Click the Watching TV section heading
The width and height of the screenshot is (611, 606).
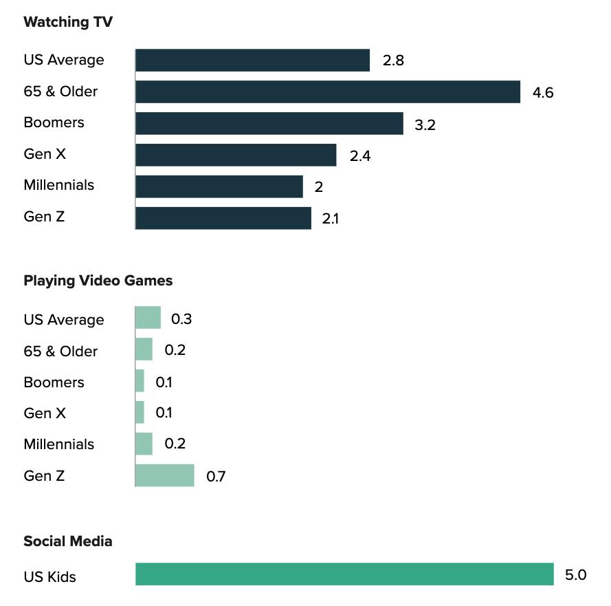point(68,22)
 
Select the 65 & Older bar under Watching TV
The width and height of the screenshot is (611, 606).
point(327,91)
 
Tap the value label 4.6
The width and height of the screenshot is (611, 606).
point(543,93)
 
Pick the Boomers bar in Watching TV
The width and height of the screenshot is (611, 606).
point(269,123)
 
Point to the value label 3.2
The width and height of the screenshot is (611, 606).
point(425,125)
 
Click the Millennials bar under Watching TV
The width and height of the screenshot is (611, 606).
point(219,186)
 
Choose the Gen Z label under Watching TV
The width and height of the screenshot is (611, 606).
point(45,217)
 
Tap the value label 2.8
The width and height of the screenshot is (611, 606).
point(393,61)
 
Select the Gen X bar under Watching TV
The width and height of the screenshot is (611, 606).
point(236,155)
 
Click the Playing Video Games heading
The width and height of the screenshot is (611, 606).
point(98,281)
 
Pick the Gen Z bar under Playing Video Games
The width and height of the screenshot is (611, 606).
point(165,475)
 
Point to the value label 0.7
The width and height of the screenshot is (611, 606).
point(216,476)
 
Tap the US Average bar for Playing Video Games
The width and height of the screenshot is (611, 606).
point(148,318)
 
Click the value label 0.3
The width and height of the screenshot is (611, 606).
point(181,319)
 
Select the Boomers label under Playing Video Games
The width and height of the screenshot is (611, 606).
point(54,382)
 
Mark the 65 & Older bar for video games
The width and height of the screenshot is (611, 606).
point(144,349)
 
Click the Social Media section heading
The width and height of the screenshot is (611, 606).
point(67,541)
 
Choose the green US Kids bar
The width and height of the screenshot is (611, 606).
point(344,574)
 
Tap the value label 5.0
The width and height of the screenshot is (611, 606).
point(575,575)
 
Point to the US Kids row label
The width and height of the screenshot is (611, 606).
point(49,576)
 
